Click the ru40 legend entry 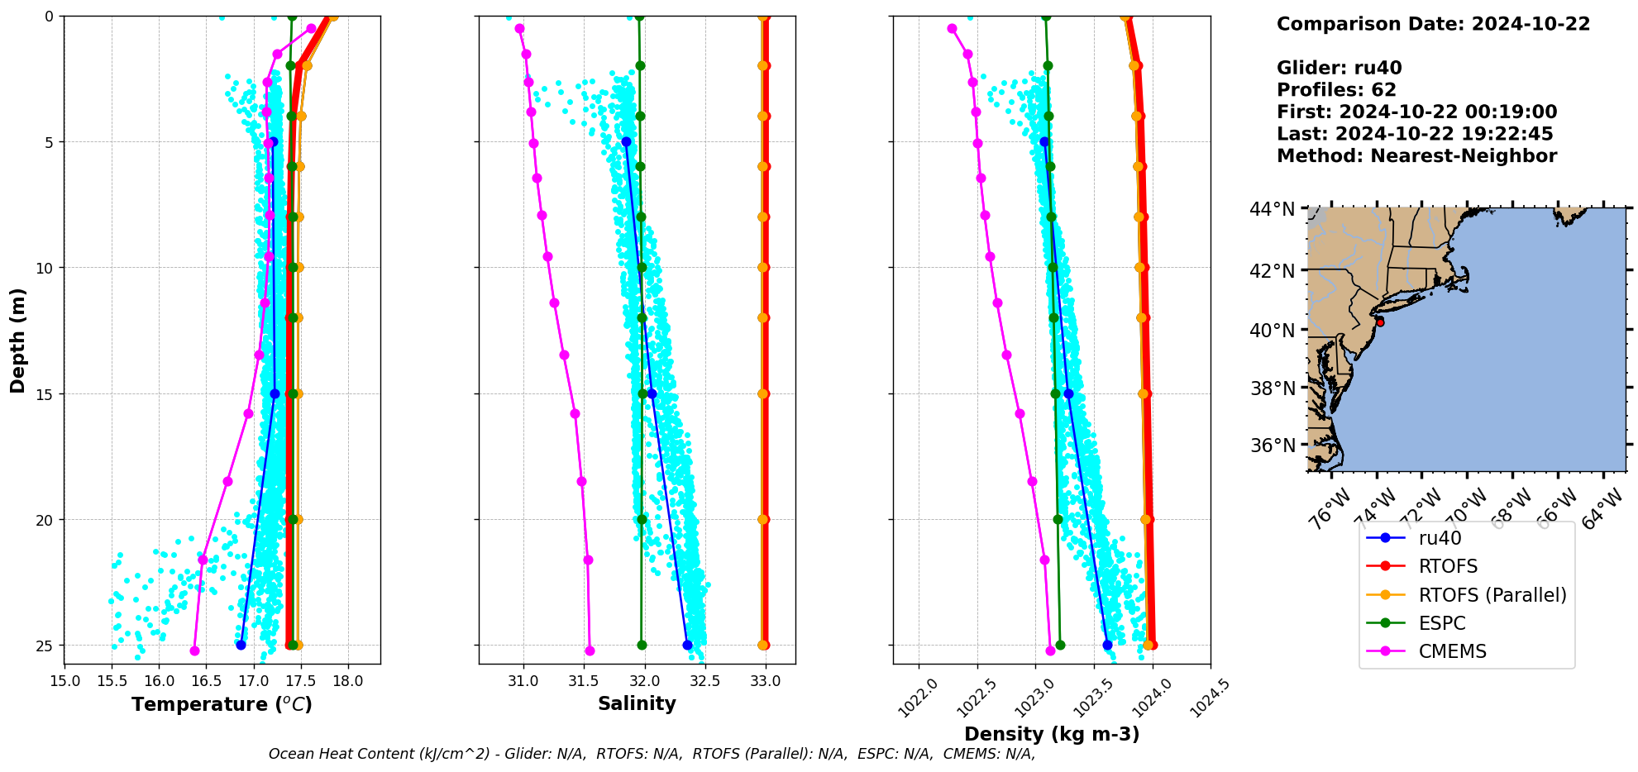pyautogui.click(x=1440, y=538)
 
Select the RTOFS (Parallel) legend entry pyautogui.click(x=1492, y=595)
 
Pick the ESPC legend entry pyautogui.click(x=1441, y=623)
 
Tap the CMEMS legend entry pyautogui.click(x=1452, y=651)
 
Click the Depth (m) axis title pyautogui.click(x=18, y=340)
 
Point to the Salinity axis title pyautogui.click(x=637, y=703)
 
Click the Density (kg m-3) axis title pyautogui.click(x=1052, y=734)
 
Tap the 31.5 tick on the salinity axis pyautogui.click(x=584, y=681)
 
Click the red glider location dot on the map pyautogui.click(x=1380, y=322)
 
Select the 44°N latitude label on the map pyautogui.click(x=1272, y=210)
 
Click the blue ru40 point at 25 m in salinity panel pyautogui.click(x=687, y=645)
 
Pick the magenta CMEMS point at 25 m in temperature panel pyautogui.click(x=194, y=650)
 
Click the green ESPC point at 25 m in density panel pyautogui.click(x=1060, y=645)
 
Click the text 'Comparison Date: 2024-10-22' pyautogui.click(x=1433, y=24)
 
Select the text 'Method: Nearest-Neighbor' pyautogui.click(x=1416, y=156)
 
